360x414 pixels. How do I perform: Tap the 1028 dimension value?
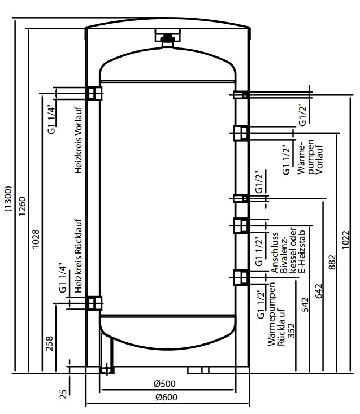tap(36, 240)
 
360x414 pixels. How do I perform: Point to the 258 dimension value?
tap(50, 344)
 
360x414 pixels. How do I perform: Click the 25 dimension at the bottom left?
tap(63, 391)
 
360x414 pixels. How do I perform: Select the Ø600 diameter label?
tap(167, 396)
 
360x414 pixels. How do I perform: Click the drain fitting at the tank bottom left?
tap(106, 370)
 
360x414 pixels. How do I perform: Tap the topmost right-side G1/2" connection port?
tap(242, 94)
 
